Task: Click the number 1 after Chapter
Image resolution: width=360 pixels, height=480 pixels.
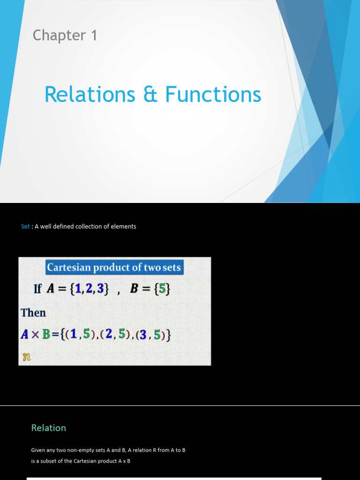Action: coord(94,36)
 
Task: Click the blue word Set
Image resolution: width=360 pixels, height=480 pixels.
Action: coord(25,226)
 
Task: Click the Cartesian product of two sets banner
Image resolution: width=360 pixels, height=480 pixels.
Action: coord(113,268)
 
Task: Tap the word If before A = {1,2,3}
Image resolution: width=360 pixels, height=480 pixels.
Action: coord(37,289)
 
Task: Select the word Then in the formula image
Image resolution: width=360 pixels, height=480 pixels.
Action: coord(33,313)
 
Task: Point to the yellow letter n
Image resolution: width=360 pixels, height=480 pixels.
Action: coord(27,357)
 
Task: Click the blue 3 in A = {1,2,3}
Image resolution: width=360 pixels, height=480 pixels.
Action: coord(99,289)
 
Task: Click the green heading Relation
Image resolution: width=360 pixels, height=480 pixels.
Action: coord(48,427)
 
